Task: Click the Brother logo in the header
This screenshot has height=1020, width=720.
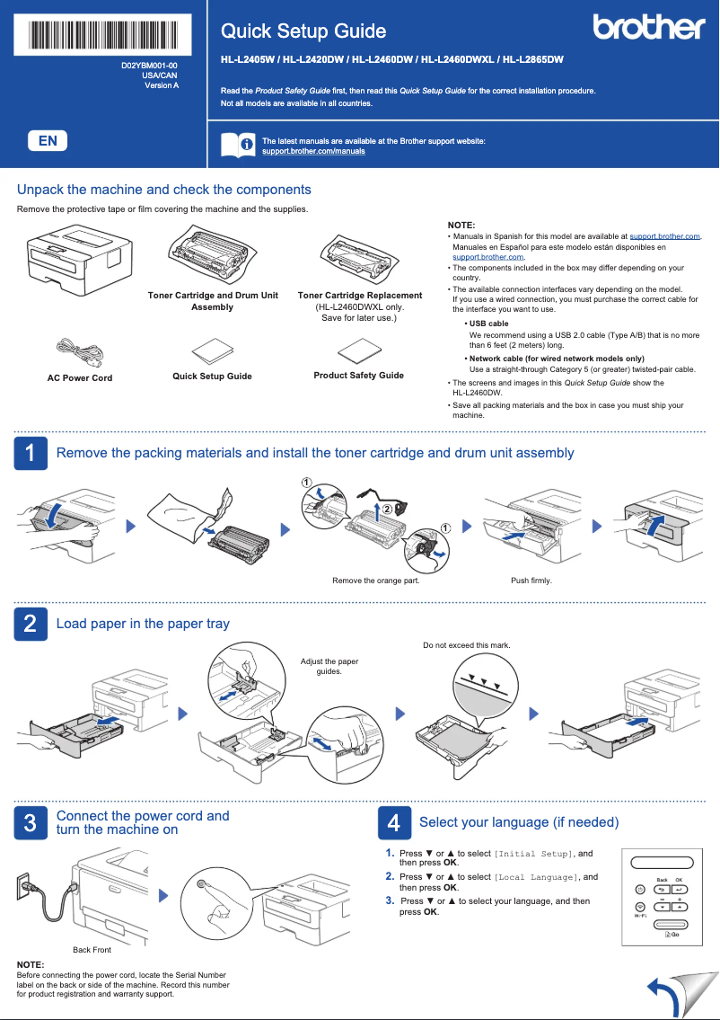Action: (x=648, y=28)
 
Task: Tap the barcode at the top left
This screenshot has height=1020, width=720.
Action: (x=104, y=34)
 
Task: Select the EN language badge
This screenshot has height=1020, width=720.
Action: (x=48, y=140)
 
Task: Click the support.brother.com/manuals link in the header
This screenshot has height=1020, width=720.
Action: (x=313, y=151)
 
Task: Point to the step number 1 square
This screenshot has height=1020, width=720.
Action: (x=30, y=453)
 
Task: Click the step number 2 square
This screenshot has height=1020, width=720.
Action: (x=30, y=624)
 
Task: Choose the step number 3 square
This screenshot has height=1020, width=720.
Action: (x=30, y=822)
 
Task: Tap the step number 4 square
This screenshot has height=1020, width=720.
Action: (x=393, y=822)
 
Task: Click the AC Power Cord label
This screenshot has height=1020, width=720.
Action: (x=80, y=378)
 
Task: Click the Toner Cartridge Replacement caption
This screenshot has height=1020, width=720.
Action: (x=359, y=296)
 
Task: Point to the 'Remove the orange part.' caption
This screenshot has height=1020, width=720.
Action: (x=375, y=581)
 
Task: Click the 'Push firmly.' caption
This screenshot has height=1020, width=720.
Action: (x=531, y=581)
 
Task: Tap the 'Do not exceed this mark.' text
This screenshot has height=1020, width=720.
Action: (x=466, y=645)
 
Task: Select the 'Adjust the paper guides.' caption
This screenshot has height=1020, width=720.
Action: (x=329, y=666)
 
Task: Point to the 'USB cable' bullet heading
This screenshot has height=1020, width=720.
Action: (x=488, y=324)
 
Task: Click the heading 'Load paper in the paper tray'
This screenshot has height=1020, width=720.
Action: (x=143, y=624)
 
